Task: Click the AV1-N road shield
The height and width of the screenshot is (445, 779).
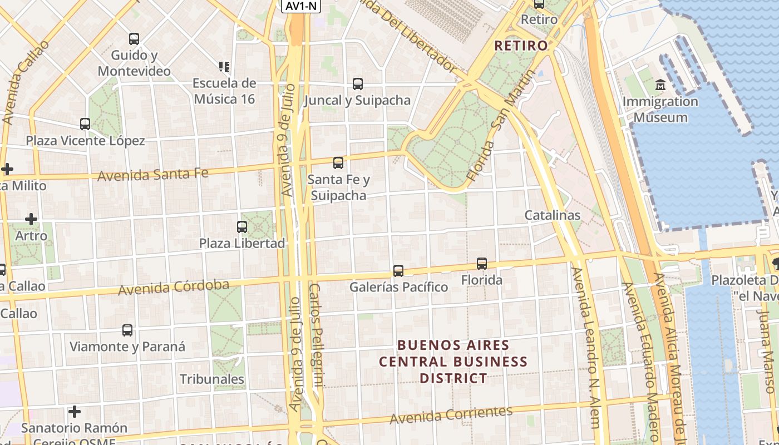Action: (301, 6)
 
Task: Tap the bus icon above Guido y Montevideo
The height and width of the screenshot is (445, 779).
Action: (134, 39)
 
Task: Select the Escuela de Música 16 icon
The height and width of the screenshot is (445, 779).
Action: (224, 67)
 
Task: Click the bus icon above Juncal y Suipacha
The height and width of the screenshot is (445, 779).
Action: (358, 84)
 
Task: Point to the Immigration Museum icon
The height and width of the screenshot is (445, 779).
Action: (660, 85)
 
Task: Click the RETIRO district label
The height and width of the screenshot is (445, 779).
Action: (521, 46)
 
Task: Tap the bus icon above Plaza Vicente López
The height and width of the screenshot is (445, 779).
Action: (85, 124)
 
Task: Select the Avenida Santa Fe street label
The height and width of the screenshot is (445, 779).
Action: (153, 175)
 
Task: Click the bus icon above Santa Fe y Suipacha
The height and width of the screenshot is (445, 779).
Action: (338, 163)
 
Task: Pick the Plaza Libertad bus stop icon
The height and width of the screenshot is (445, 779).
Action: (242, 227)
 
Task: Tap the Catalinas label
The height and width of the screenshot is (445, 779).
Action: (552, 215)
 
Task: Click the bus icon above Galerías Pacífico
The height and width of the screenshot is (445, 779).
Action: (398, 271)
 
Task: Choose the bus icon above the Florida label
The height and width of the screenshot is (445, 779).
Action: (482, 264)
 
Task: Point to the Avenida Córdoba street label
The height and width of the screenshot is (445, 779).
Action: (174, 288)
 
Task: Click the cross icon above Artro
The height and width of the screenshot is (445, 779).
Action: (31, 219)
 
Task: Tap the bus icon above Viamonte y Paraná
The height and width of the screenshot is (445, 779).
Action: (127, 330)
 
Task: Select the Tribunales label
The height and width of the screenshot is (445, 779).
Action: (212, 379)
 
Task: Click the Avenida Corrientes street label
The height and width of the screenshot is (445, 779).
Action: (451, 414)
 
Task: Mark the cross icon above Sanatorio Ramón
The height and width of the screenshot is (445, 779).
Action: (75, 412)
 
